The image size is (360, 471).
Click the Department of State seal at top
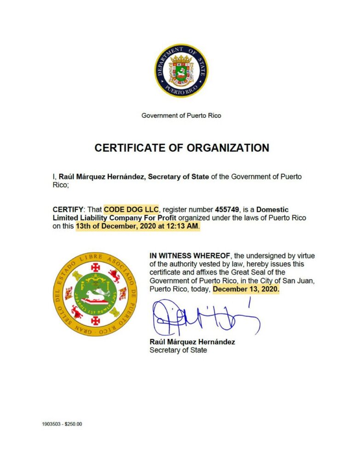click(x=181, y=70)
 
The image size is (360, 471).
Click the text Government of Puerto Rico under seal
click(x=181, y=115)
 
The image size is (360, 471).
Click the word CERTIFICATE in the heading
click(x=127, y=148)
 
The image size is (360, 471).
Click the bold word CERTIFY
click(x=66, y=209)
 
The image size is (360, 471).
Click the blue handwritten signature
click(x=203, y=317)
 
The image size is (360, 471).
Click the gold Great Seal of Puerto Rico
click(x=95, y=294)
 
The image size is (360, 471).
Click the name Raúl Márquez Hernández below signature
click(x=192, y=342)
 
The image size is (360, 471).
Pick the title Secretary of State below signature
click(x=178, y=350)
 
